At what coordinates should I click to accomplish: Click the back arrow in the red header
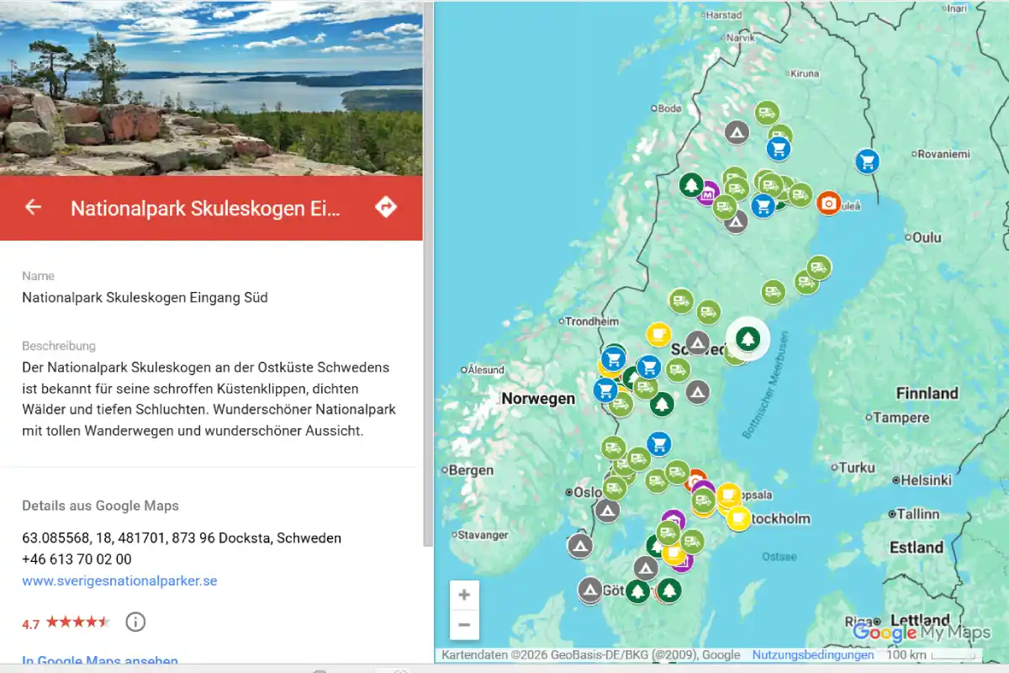click(x=33, y=207)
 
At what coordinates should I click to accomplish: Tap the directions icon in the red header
click(x=386, y=207)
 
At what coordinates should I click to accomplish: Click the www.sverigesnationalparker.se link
click(x=119, y=580)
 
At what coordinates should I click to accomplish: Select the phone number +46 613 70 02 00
click(x=77, y=559)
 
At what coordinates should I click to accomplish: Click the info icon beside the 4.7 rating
click(x=135, y=623)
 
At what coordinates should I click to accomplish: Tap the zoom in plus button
click(x=464, y=596)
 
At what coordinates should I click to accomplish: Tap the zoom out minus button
click(x=464, y=625)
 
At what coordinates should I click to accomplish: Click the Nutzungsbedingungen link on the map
click(x=813, y=655)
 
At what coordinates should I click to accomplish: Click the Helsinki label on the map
click(x=926, y=480)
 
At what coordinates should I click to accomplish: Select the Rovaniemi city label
click(x=943, y=154)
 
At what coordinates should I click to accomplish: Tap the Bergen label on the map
click(x=471, y=470)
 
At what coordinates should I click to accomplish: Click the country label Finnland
click(x=927, y=393)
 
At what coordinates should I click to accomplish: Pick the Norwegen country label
click(x=538, y=399)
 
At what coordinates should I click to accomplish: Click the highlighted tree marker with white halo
click(x=748, y=339)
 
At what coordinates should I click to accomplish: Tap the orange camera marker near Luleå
click(x=828, y=203)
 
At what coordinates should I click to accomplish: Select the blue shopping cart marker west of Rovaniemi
click(x=867, y=161)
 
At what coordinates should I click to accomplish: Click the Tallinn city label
click(x=917, y=514)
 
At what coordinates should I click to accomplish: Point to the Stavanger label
click(x=483, y=535)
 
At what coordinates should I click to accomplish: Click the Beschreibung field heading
click(x=59, y=346)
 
